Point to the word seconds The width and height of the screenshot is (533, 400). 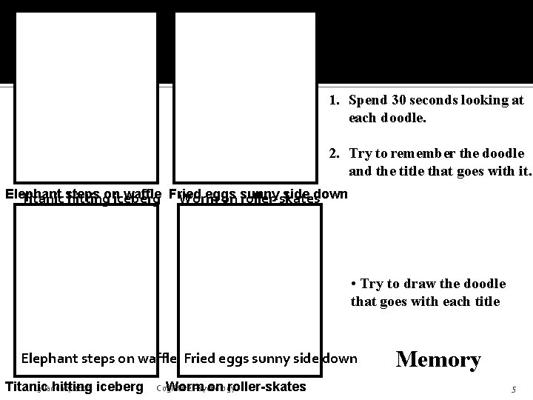click(x=436, y=99)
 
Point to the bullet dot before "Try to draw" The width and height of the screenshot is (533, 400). click(x=355, y=284)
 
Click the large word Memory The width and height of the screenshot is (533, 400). click(x=438, y=360)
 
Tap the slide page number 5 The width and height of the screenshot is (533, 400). click(x=513, y=389)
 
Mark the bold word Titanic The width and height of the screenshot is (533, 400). click(x=27, y=387)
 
